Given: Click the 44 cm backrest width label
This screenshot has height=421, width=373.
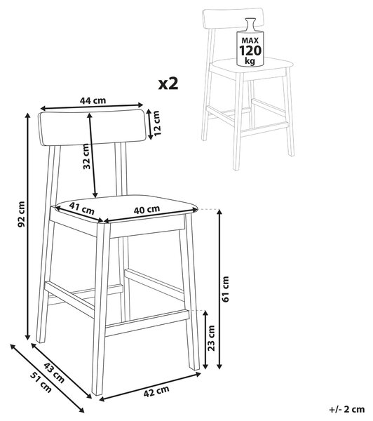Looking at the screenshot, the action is (93, 100).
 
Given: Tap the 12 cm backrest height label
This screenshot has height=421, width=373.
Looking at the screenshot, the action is (156, 123).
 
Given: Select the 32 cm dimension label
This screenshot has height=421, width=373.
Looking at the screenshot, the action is (86, 156).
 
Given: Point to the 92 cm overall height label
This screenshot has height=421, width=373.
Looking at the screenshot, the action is (21, 214).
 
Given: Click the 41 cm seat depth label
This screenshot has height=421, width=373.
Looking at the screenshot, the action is (82, 208).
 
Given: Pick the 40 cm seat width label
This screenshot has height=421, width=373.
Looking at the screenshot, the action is (147, 209).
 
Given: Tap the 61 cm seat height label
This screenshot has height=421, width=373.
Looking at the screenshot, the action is (225, 289).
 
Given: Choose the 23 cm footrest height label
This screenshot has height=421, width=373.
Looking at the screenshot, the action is (212, 338).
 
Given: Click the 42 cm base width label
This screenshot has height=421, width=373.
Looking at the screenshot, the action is (156, 392).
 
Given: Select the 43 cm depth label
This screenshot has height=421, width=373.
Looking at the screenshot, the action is (54, 373).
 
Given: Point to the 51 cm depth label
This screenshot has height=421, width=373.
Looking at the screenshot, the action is (41, 382).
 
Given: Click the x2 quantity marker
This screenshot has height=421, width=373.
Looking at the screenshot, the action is (168, 83).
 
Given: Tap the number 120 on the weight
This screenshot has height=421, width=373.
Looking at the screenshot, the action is (250, 51).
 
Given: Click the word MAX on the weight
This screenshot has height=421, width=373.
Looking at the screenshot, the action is (250, 41).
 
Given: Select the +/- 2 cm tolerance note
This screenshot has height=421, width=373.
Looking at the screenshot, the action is (346, 410).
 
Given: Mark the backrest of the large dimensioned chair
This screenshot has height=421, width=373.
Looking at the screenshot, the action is (93, 128).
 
